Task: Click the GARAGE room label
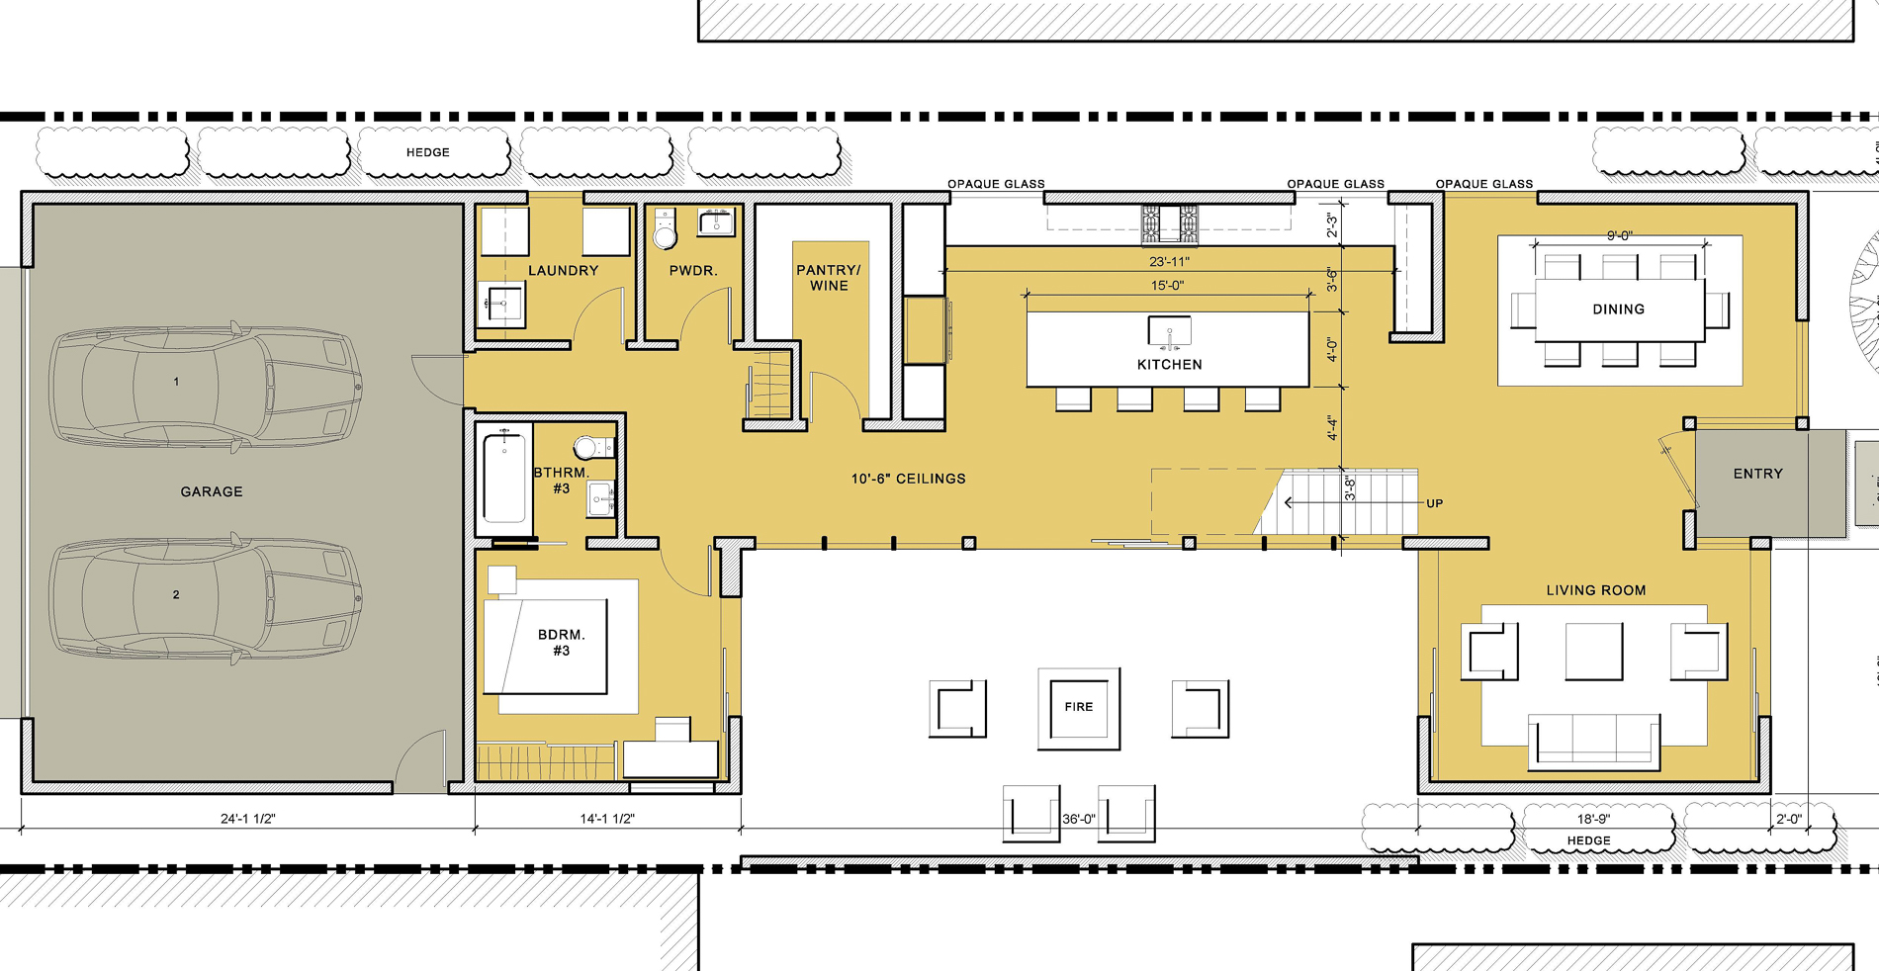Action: [x=211, y=491]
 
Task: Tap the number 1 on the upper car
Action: [x=176, y=382]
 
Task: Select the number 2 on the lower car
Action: [x=176, y=594]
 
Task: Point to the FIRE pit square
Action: [x=1079, y=708]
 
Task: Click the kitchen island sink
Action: [x=1169, y=331]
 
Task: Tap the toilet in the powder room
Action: [x=665, y=229]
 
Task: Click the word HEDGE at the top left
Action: [x=427, y=152]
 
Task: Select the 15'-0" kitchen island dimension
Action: [x=1167, y=286]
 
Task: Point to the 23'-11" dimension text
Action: [x=1169, y=262]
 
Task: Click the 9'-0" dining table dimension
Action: [x=1619, y=236]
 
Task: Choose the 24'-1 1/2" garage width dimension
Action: [x=247, y=819]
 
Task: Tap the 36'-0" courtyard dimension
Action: [x=1078, y=819]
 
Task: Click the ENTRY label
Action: [x=1757, y=474]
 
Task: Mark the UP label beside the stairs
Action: [x=1434, y=503]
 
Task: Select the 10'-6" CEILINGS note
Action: [x=908, y=479]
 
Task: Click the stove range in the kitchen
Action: [x=1169, y=223]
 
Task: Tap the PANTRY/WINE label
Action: [x=829, y=278]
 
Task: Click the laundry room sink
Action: [x=501, y=305]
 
